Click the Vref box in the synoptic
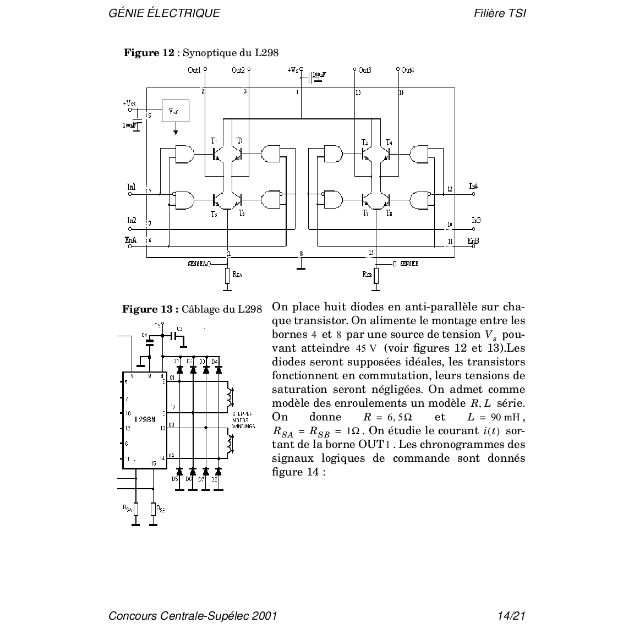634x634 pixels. (175, 111)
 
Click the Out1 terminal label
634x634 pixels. (194, 70)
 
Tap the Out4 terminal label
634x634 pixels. (407, 70)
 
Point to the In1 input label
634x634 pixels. (132, 187)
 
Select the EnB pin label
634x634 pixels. (473, 241)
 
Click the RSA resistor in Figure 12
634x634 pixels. (227, 275)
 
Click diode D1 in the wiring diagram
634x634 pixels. (179, 369)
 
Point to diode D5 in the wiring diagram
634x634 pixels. (179, 472)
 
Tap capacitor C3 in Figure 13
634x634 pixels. (177, 335)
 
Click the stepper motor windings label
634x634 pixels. (242, 421)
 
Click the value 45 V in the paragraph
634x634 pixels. (365, 348)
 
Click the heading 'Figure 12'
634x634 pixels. (149, 53)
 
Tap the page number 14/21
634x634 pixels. (511, 615)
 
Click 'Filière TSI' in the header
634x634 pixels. (500, 13)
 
